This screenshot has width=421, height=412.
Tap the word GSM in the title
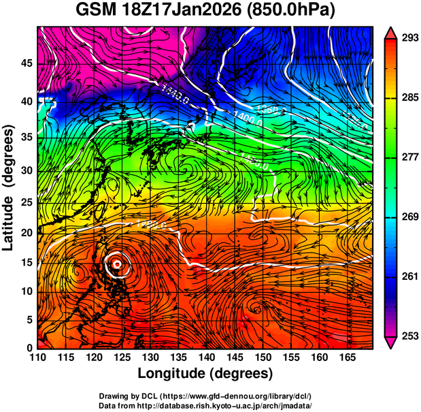[97, 11]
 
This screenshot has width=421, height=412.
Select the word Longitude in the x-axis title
[173, 374]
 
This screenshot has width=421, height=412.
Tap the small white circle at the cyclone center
[117, 263]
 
